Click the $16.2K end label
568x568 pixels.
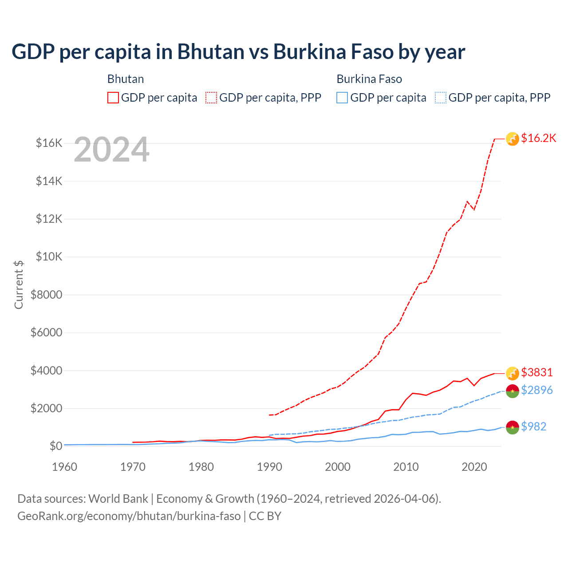(x=538, y=138)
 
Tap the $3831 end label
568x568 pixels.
(x=537, y=372)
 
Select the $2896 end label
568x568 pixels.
(x=537, y=390)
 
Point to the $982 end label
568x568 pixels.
(x=534, y=426)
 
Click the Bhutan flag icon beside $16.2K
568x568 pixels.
(x=513, y=139)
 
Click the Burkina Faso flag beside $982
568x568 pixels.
(x=513, y=427)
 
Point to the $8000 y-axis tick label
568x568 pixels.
(x=47, y=295)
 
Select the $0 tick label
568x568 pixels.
(x=56, y=446)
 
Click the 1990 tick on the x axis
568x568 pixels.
(x=269, y=467)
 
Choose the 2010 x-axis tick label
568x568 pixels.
(x=406, y=467)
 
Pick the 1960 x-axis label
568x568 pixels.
(x=65, y=467)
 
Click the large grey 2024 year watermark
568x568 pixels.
(x=111, y=150)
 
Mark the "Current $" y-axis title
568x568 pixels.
(x=19, y=285)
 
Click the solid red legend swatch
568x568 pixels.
(x=113, y=98)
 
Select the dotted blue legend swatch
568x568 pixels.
(x=441, y=98)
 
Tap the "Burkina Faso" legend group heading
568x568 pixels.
(x=369, y=79)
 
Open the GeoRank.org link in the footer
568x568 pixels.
(x=129, y=516)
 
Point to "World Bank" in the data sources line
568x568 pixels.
(x=118, y=499)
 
